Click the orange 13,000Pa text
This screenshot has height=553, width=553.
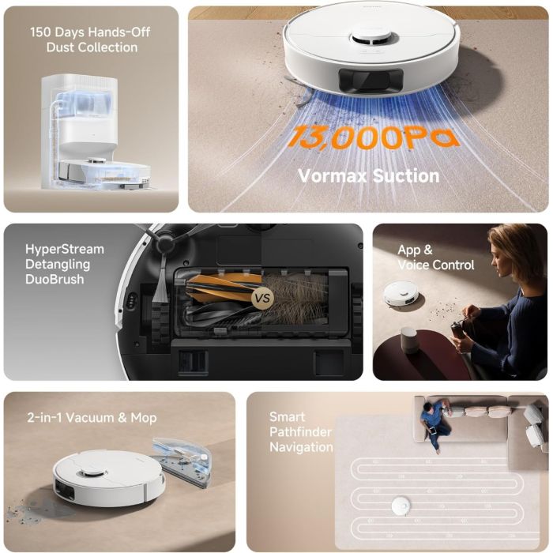[x=371, y=137]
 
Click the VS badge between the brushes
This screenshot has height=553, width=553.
[x=261, y=299]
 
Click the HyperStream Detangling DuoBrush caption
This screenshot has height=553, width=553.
[x=64, y=264]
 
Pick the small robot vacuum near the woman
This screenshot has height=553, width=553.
[x=401, y=294]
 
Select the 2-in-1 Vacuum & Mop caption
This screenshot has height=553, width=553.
[x=90, y=417]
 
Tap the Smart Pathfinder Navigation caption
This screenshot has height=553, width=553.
[x=300, y=432]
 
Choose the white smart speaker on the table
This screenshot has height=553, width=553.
[x=408, y=341]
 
